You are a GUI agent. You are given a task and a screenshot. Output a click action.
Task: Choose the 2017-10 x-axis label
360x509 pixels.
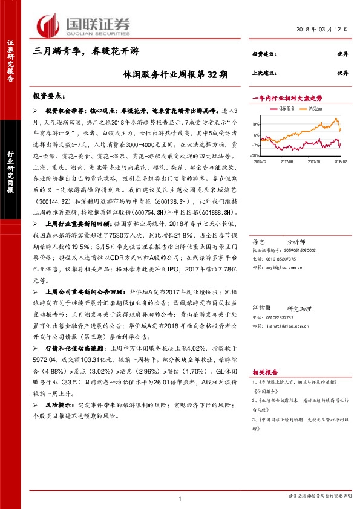coord(312,161)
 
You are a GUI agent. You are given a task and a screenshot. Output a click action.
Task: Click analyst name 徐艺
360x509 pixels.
coord(258,224)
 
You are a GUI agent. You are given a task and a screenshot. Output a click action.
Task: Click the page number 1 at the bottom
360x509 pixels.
coord(180,498)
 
